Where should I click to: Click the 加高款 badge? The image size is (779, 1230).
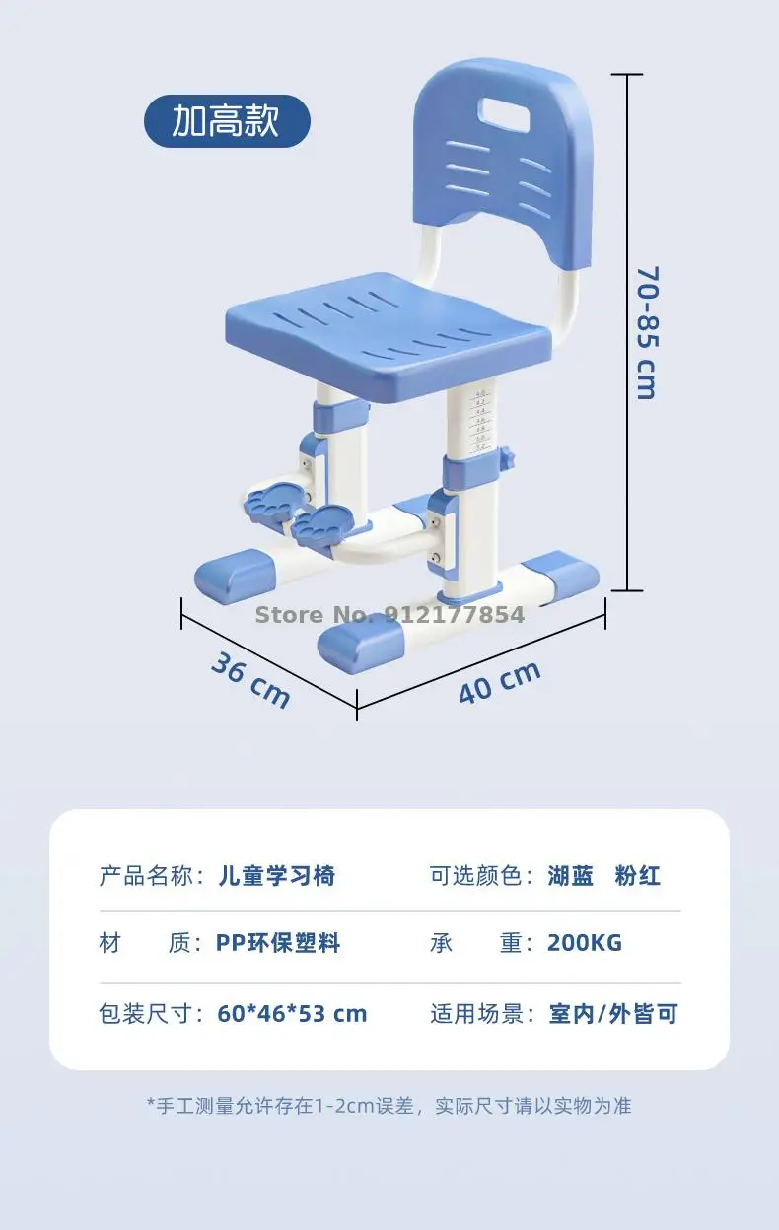(x=227, y=121)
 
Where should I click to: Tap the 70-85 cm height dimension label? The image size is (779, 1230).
(x=647, y=332)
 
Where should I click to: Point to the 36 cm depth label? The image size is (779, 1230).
(x=250, y=680)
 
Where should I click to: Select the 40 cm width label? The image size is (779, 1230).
(x=500, y=682)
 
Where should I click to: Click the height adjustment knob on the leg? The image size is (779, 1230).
(x=508, y=457)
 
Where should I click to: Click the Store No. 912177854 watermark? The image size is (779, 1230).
(x=389, y=615)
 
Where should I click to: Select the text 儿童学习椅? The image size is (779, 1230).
(x=277, y=875)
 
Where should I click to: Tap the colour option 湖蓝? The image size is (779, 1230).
(x=571, y=875)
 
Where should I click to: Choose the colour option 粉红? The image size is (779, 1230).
(x=638, y=875)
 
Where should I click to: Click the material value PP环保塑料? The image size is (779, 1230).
(x=278, y=943)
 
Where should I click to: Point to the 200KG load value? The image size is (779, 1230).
(x=585, y=943)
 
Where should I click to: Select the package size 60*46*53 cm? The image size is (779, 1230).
(x=292, y=1014)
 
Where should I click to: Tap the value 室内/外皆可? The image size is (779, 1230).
(x=613, y=1014)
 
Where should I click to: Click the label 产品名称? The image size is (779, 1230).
(x=146, y=875)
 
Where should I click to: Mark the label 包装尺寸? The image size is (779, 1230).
(x=146, y=1014)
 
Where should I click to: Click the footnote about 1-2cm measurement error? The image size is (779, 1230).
(x=389, y=1105)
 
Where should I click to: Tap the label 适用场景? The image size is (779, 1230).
(x=477, y=1014)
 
